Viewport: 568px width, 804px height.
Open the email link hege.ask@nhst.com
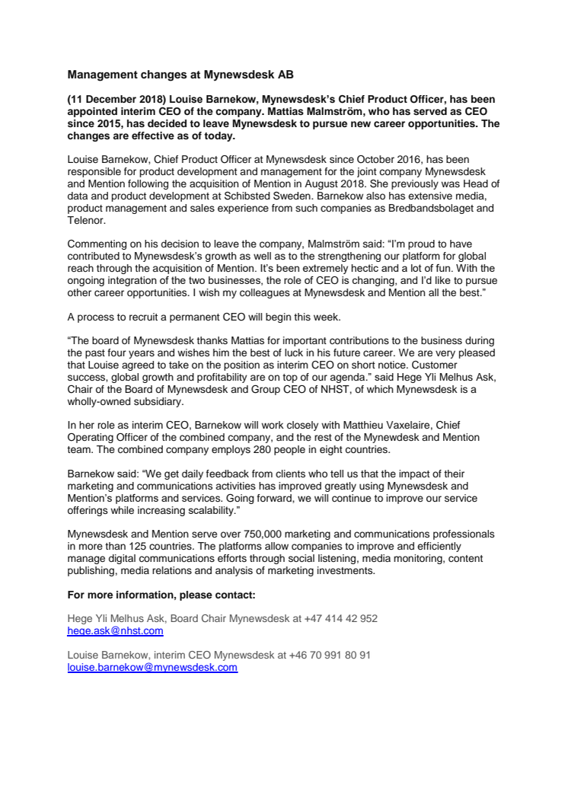[115, 631]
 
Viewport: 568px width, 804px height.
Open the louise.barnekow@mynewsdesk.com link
[152, 667]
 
